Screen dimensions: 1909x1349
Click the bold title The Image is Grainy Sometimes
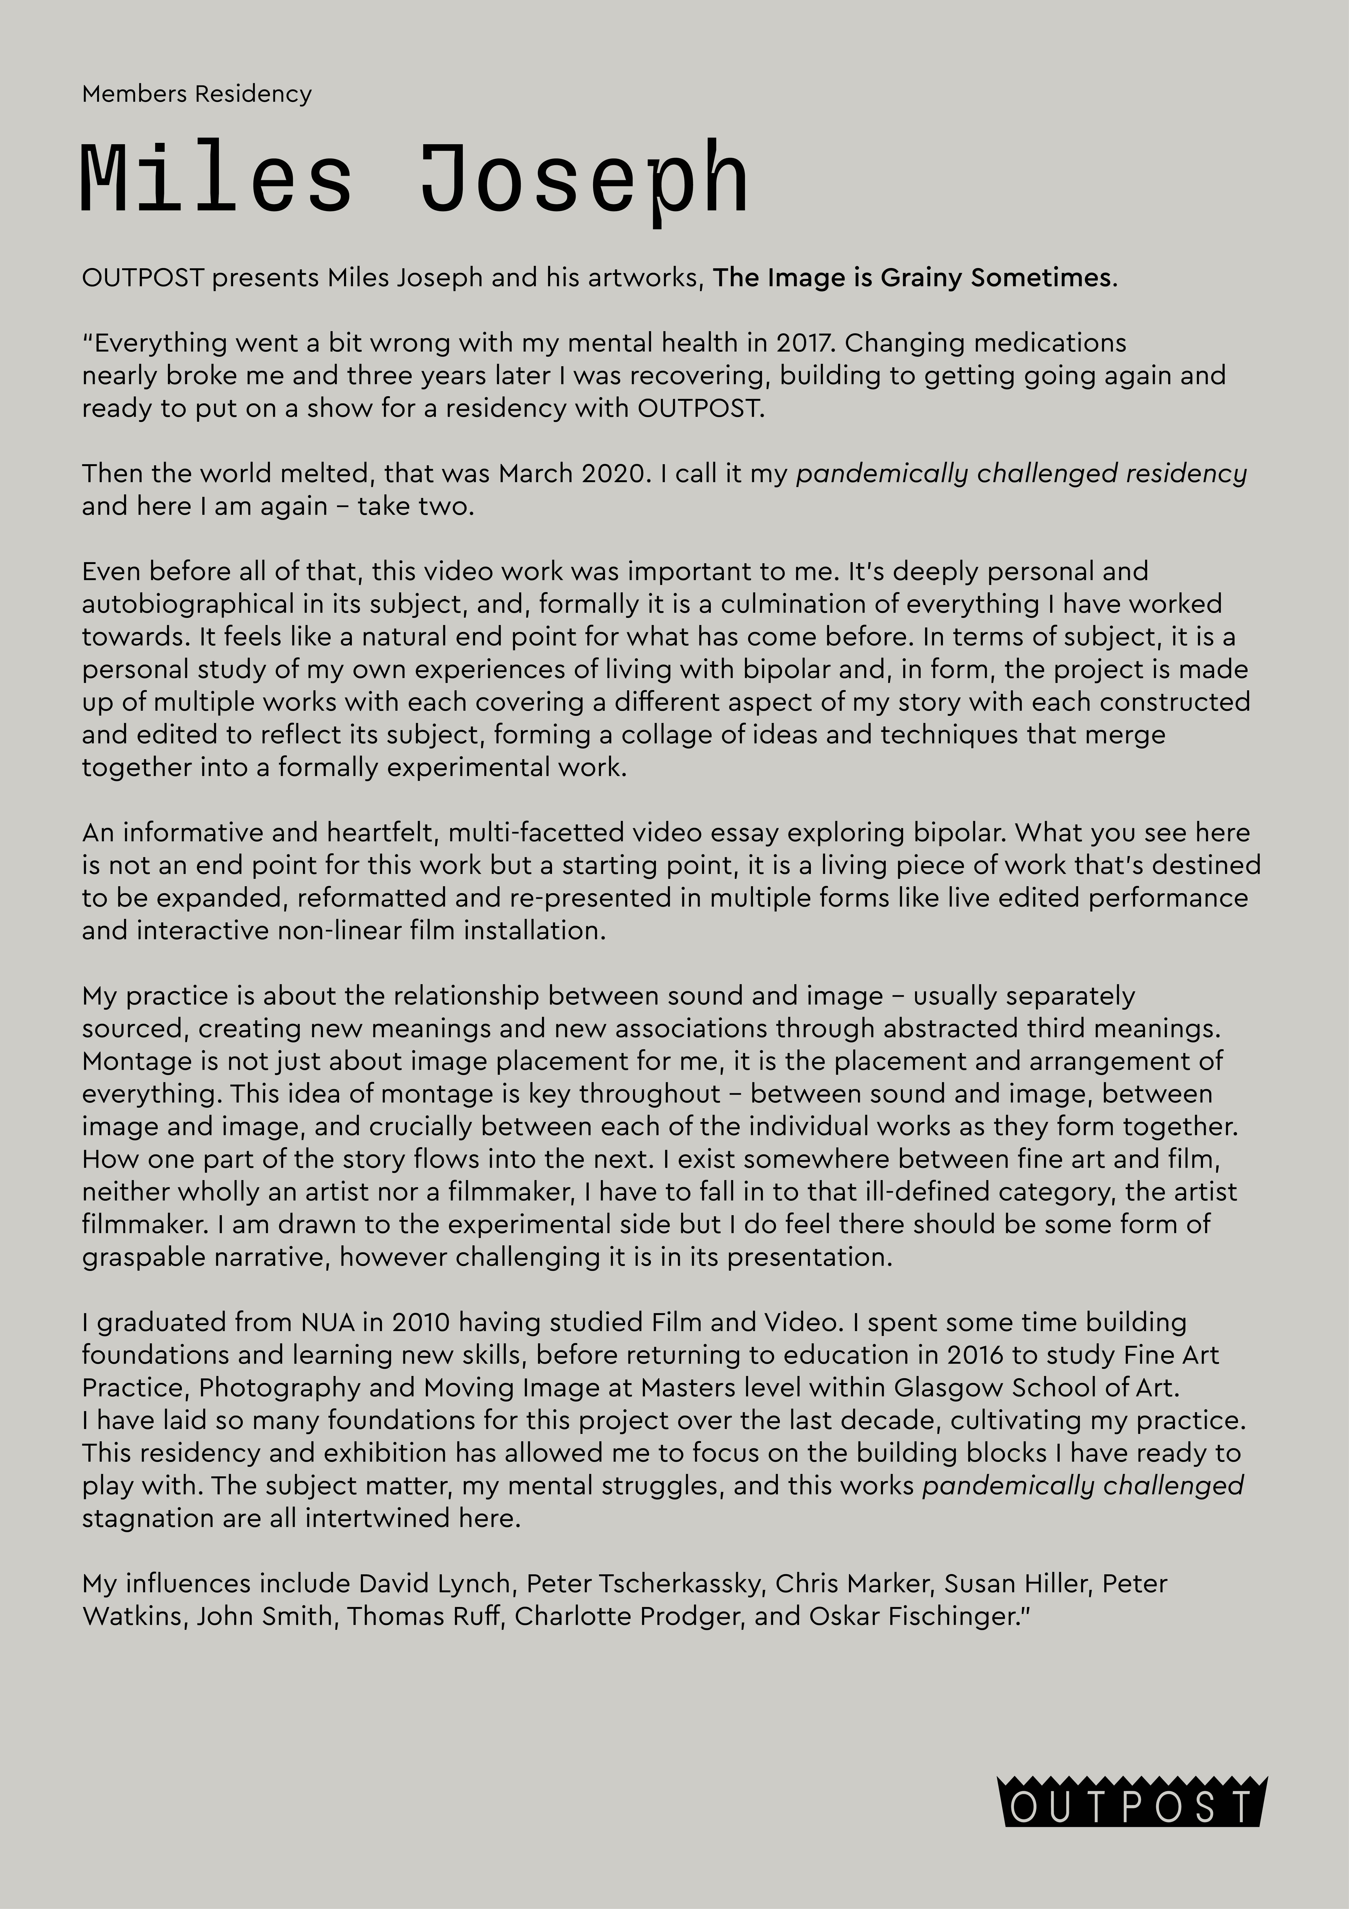[x=912, y=277]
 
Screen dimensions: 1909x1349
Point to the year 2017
[x=804, y=343]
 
